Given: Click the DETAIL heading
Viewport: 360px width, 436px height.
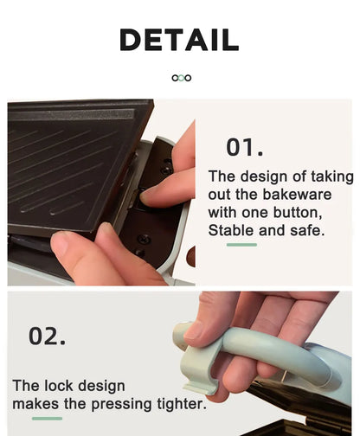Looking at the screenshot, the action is (x=179, y=40).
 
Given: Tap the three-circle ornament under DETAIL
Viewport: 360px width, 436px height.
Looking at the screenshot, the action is (x=182, y=78).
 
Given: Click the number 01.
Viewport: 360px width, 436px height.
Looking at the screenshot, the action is (x=245, y=147).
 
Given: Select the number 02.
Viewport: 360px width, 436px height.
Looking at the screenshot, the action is (x=47, y=336).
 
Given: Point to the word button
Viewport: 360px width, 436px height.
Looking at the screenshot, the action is (x=298, y=213).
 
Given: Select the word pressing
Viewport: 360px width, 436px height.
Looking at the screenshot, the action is (x=121, y=404).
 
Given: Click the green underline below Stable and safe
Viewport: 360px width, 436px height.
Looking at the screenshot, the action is (x=241, y=245).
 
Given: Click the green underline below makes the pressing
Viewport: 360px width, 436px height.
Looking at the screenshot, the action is (x=47, y=419).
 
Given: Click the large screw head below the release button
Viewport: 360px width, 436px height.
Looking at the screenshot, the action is (x=144, y=239).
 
